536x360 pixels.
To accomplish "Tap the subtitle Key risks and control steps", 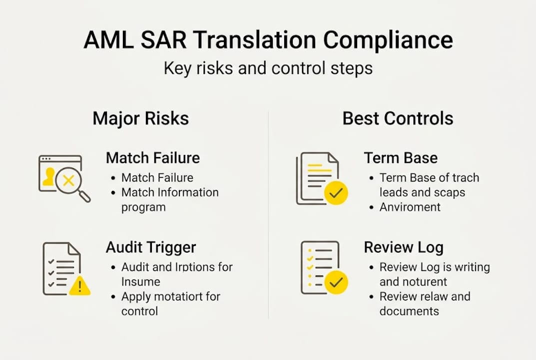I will coord(268,67).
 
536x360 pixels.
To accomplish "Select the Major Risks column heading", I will coord(141,118).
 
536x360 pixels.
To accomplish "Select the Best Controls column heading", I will coord(398,118).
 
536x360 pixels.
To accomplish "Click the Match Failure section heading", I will coord(152,158).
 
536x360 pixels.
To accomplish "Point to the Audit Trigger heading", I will coord(151,247).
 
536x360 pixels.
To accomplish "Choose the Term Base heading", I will coord(401,158).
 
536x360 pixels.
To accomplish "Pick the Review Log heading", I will coord(404,247).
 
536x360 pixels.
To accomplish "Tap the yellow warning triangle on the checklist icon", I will coord(80,286).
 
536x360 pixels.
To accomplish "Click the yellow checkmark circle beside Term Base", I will coord(336,192).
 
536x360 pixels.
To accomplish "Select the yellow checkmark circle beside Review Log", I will coord(336,282).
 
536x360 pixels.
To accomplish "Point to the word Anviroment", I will coord(410,207).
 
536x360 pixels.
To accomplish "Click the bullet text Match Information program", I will coord(170,199).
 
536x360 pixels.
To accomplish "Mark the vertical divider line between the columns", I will coord(268,215).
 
